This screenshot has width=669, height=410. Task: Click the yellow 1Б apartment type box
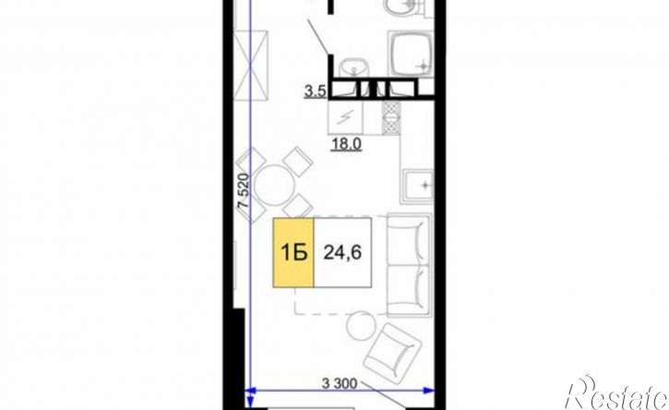[293, 253]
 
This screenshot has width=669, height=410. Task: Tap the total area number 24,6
[342, 252]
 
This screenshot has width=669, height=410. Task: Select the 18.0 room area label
[346, 144]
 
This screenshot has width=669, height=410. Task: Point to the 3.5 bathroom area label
[316, 91]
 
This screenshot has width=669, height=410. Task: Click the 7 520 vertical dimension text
[244, 190]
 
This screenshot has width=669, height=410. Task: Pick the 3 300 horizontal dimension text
[340, 384]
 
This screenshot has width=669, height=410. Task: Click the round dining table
[273, 186]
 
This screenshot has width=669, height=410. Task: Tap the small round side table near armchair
[361, 325]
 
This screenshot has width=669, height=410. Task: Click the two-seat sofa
[408, 265]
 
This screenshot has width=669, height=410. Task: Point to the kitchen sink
[417, 186]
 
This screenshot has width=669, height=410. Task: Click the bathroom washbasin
[353, 68]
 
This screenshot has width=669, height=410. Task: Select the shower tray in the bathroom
[412, 54]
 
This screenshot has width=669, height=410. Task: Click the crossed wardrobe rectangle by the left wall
[251, 66]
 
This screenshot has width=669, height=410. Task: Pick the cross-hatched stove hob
[391, 118]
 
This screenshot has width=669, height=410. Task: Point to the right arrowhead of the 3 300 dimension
[429, 390]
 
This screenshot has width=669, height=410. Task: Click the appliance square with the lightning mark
[346, 116]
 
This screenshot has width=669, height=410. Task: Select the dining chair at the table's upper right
[298, 160]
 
